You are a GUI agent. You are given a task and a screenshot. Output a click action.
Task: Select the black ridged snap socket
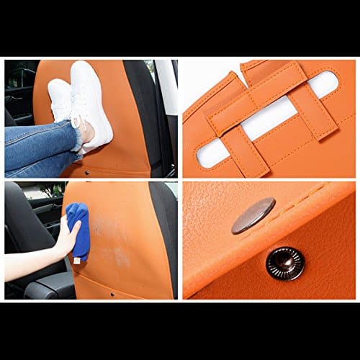coord(285,263)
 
